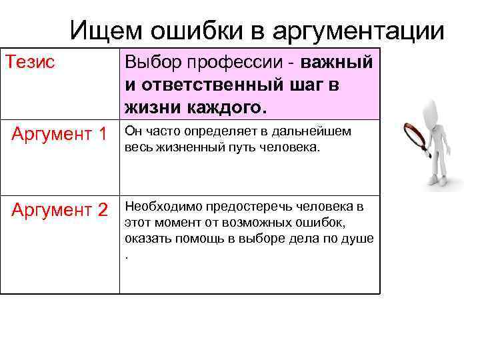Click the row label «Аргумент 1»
pos(59,135)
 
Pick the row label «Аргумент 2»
pos(59,210)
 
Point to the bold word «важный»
pos(336,64)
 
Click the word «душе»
pos(358,238)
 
